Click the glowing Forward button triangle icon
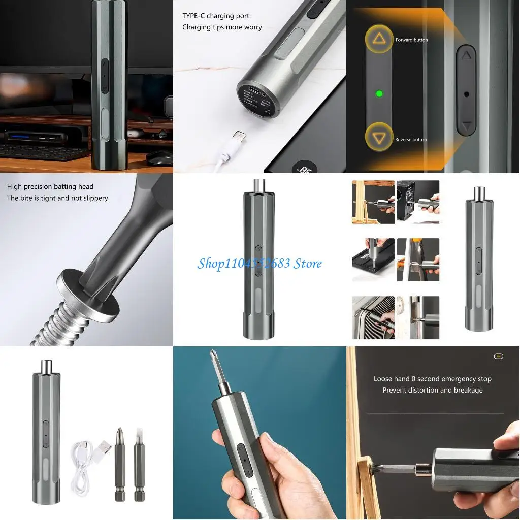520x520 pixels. click(x=379, y=39)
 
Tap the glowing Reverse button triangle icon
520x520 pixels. click(x=379, y=138)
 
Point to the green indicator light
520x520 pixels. click(x=378, y=94)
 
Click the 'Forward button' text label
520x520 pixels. click(x=411, y=40)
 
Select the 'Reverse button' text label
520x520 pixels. click(x=411, y=139)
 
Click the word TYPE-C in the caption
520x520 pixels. click(x=193, y=16)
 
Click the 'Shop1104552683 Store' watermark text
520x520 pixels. click(x=259, y=263)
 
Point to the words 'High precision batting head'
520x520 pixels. click(x=50, y=187)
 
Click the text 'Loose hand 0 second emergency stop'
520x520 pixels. click(x=432, y=379)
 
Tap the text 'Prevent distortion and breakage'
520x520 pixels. click(x=432, y=390)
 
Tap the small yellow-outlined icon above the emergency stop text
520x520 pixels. click(x=498, y=356)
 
